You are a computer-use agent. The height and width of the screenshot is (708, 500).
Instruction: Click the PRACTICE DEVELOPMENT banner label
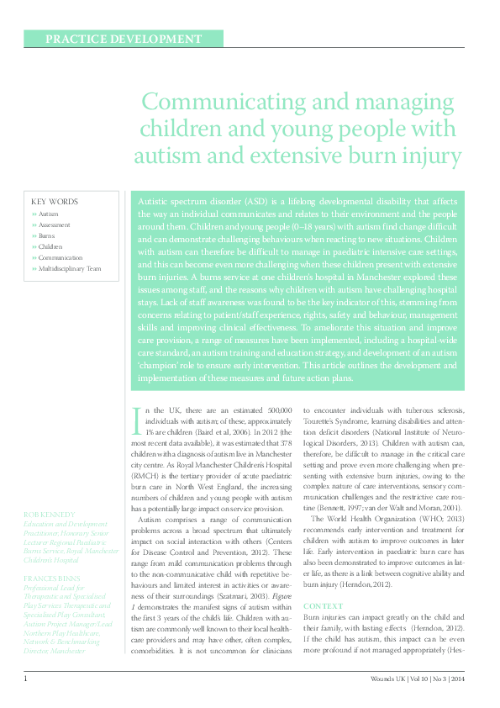tap(124, 39)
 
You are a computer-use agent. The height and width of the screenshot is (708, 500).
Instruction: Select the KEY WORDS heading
tap(55, 202)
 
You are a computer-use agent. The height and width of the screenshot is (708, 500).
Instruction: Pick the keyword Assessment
tap(55, 225)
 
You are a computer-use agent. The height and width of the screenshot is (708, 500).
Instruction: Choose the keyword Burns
tap(46, 236)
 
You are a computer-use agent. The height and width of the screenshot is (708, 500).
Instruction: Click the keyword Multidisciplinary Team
tap(70, 269)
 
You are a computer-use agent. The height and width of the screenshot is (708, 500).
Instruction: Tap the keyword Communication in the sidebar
tap(61, 258)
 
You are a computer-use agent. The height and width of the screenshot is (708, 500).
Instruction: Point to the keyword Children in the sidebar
tap(50, 247)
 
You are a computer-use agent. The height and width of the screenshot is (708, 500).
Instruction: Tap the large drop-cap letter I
tap(136, 420)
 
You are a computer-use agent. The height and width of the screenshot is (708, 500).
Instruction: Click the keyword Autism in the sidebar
tap(49, 214)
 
